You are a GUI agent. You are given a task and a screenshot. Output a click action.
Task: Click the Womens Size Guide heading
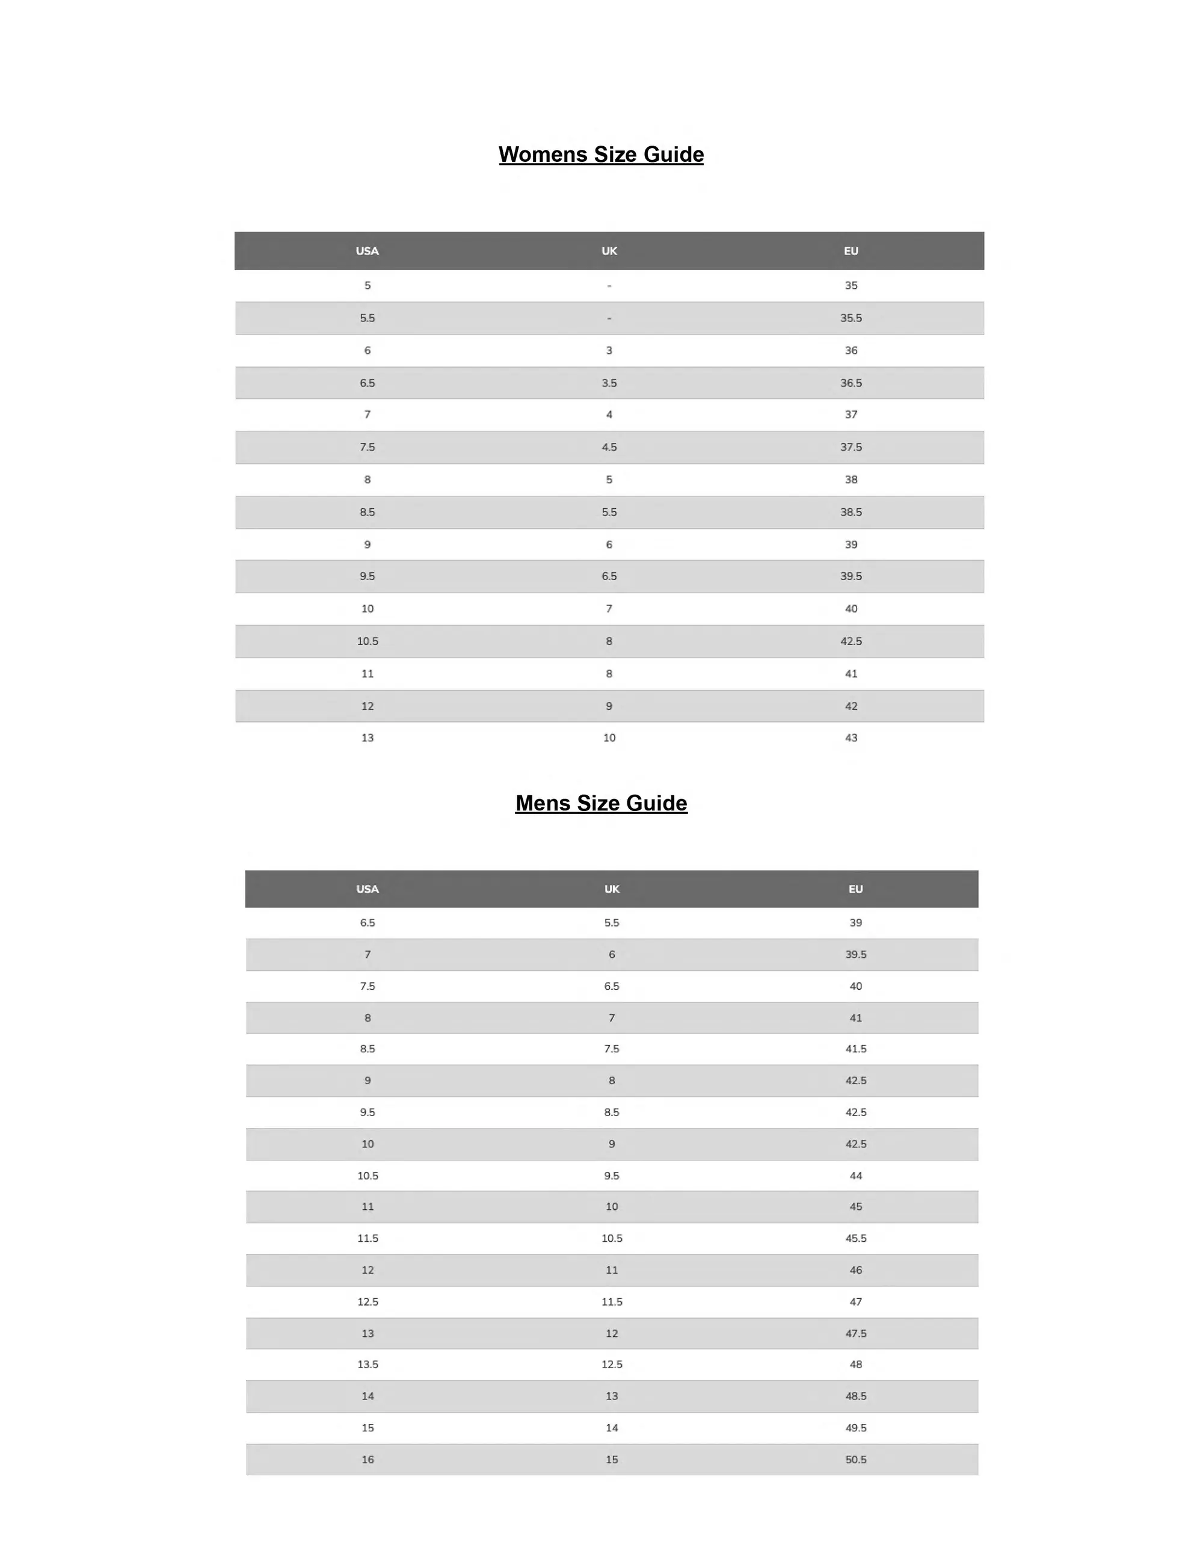tap(601, 155)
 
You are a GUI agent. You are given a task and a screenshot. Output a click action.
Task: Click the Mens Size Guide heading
tap(601, 803)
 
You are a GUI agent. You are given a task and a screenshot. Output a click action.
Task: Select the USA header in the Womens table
tap(367, 251)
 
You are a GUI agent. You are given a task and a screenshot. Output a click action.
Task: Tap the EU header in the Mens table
tap(855, 889)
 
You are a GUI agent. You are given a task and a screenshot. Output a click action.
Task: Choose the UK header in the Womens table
tap(609, 251)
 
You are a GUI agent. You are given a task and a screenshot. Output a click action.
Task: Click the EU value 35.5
tap(851, 318)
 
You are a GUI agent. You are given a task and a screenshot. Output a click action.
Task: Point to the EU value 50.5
tap(855, 1460)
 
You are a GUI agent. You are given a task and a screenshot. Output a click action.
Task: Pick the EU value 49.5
tap(855, 1427)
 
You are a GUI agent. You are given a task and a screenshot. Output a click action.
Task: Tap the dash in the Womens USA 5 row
tap(609, 286)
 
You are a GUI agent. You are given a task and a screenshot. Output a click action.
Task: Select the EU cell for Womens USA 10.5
tap(851, 641)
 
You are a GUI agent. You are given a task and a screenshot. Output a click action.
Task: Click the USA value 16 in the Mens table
tap(367, 1460)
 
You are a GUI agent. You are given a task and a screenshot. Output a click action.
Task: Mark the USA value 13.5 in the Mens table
tap(367, 1364)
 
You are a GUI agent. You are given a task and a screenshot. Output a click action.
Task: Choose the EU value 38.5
tap(851, 512)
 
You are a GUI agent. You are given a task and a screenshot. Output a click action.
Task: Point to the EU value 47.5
tap(855, 1333)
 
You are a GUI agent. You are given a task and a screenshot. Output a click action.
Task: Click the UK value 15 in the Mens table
tap(612, 1460)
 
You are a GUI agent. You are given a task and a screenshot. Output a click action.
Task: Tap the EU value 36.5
tap(851, 383)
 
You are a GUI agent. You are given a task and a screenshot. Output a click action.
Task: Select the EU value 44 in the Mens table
tap(855, 1176)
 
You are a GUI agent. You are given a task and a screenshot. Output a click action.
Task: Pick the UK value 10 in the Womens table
tap(609, 738)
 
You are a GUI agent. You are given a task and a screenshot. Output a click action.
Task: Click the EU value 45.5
tap(855, 1238)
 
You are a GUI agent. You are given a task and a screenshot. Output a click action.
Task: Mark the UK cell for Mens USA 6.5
tap(612, 922)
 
